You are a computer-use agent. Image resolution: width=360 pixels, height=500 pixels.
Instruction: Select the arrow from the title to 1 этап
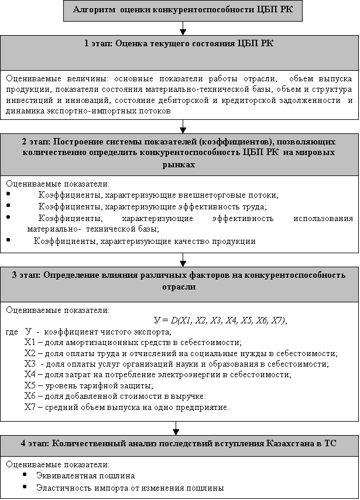(x=183, y=27)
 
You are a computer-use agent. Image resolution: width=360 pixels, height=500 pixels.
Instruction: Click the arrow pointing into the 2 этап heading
(x=183, y=127)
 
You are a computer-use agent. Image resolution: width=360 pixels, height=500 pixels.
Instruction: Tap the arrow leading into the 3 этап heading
(x=183, y=258)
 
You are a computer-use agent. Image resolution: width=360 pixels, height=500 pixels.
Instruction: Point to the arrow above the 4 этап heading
(x=176, y=428)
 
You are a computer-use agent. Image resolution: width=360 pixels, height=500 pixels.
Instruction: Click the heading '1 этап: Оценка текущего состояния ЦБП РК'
(x=180, y=44)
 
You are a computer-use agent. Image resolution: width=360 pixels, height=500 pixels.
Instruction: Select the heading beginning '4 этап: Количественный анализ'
(x=180, y=442)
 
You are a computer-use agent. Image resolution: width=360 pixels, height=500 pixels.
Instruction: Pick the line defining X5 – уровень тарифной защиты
(x=88, y=385)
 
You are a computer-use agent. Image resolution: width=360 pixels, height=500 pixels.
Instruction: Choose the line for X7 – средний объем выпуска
(x=126, y=407)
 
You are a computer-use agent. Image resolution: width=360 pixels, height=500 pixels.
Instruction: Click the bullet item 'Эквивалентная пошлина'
(x=85, y=475)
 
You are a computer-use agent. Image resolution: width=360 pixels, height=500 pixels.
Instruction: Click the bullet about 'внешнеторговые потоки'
(x=158, y=195)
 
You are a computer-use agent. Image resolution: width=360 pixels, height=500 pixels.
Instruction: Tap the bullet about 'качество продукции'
(x=145, y=240)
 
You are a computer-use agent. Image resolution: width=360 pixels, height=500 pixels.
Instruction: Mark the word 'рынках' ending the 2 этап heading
(x=180, y=165)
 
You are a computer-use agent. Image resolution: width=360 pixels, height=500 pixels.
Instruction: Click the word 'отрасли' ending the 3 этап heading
(x=180, y=287)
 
